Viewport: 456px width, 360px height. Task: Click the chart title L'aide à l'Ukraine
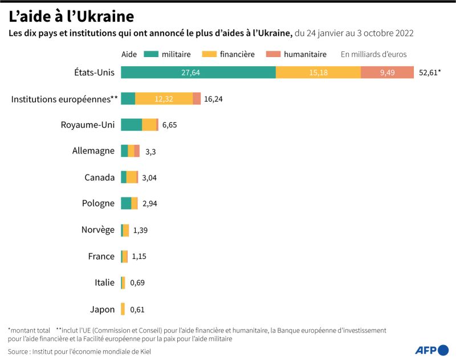pyautogui.click(x=71, y=15)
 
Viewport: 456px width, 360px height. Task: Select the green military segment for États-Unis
pyautogui.click(x=198, y=72)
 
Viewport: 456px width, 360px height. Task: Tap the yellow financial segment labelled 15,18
pyautogui.click(x=318, y=72)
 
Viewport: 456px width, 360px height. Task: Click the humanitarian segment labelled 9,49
pyautogui.click(x=387, y=72)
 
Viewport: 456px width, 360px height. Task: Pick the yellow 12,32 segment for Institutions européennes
pyautogui.click(x=164, y=99)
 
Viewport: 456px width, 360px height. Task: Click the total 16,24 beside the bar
pyautogui.click(x=213, y=99)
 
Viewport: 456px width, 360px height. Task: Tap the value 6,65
pyautogui.click(x=170, y=125)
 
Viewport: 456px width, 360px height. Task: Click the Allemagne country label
pyautogui.click(x=93, y=151)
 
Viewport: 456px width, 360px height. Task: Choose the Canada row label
pyautogui.click(x=99, y=177)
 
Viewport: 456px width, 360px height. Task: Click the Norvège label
pyautogui.click(x=97, y=230)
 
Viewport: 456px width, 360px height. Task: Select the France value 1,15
pyautogui.click(x=139, y=257)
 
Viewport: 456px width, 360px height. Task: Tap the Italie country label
pyautogui.click(x=104, y=282)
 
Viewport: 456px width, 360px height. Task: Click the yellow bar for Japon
pyautogui.click(x=123, y=309)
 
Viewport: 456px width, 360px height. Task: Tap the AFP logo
pyautogui.click(x=431, y=350)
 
